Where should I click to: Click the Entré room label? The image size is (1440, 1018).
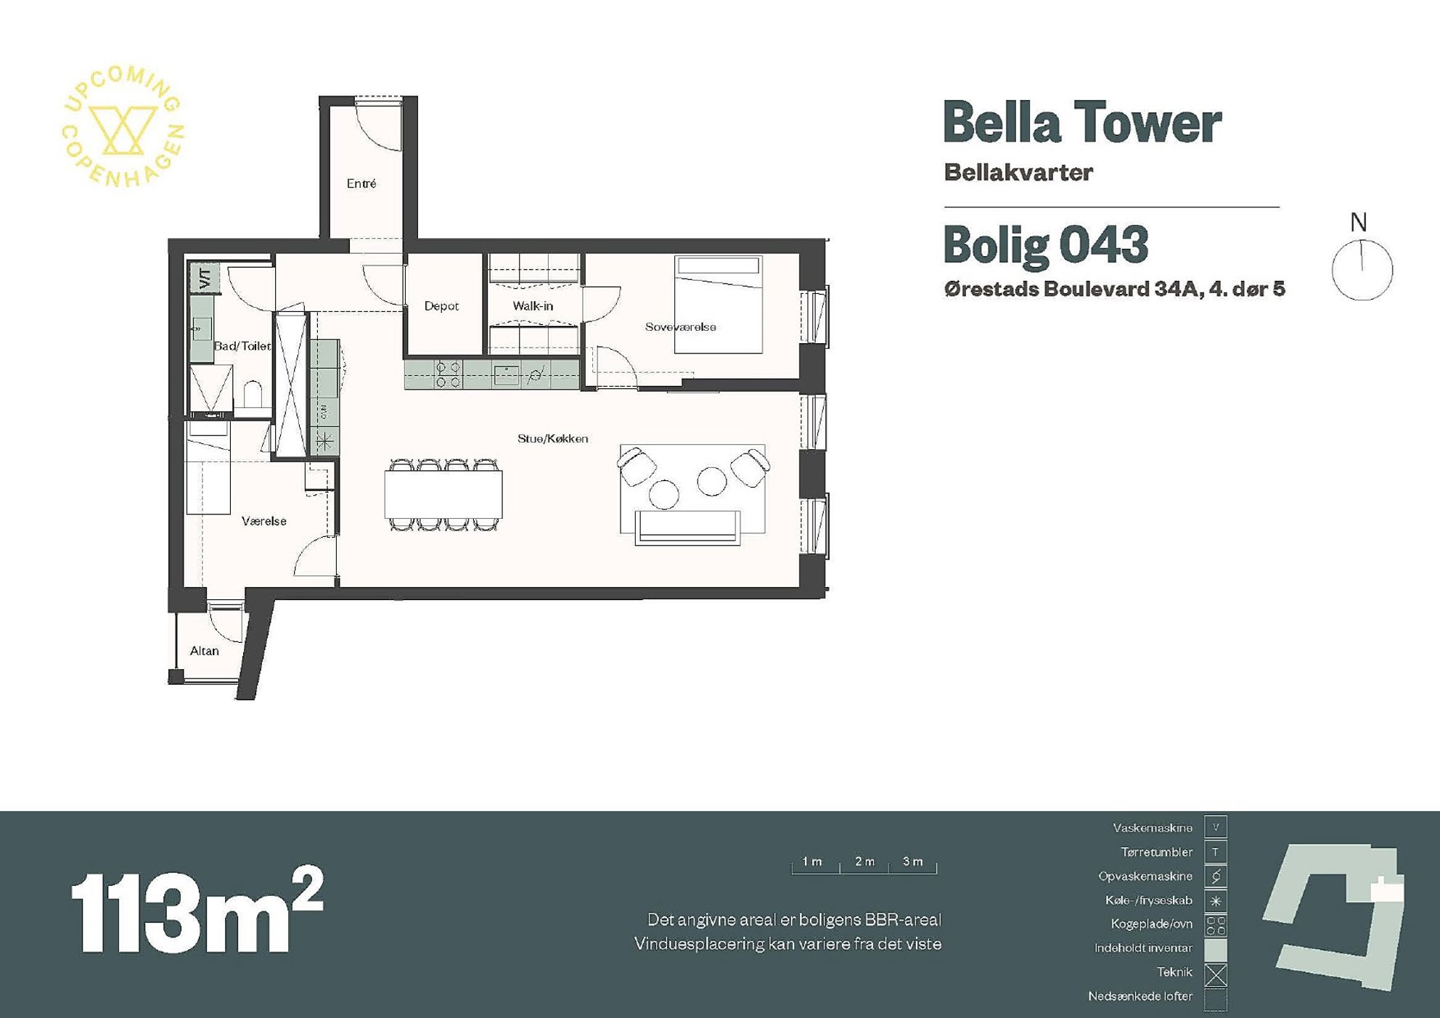click(361, 184)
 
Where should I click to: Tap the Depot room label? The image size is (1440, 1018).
click(441, 306)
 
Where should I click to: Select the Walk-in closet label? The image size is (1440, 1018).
click(533, 306)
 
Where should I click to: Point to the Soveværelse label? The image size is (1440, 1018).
click(681, 327)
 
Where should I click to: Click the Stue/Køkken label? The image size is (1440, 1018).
click(553, 438)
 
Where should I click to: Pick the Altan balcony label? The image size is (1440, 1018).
click(205, 651)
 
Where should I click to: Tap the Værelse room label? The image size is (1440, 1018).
click(264, 521)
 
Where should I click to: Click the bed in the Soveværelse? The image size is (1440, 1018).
click(719, 304)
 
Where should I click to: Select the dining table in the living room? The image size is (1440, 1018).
click(443, 494)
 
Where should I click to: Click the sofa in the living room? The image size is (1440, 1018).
click(688, 528)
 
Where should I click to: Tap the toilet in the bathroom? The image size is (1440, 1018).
click(253, 395)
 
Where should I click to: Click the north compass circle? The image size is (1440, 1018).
click(1362, 270)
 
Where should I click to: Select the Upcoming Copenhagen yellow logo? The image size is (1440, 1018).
click(123, 126)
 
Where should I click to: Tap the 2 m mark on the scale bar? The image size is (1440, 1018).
click(864, 861)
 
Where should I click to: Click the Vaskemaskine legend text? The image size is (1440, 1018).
click(1153, 828)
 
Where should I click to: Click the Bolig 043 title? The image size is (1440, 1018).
click(1046, 245)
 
